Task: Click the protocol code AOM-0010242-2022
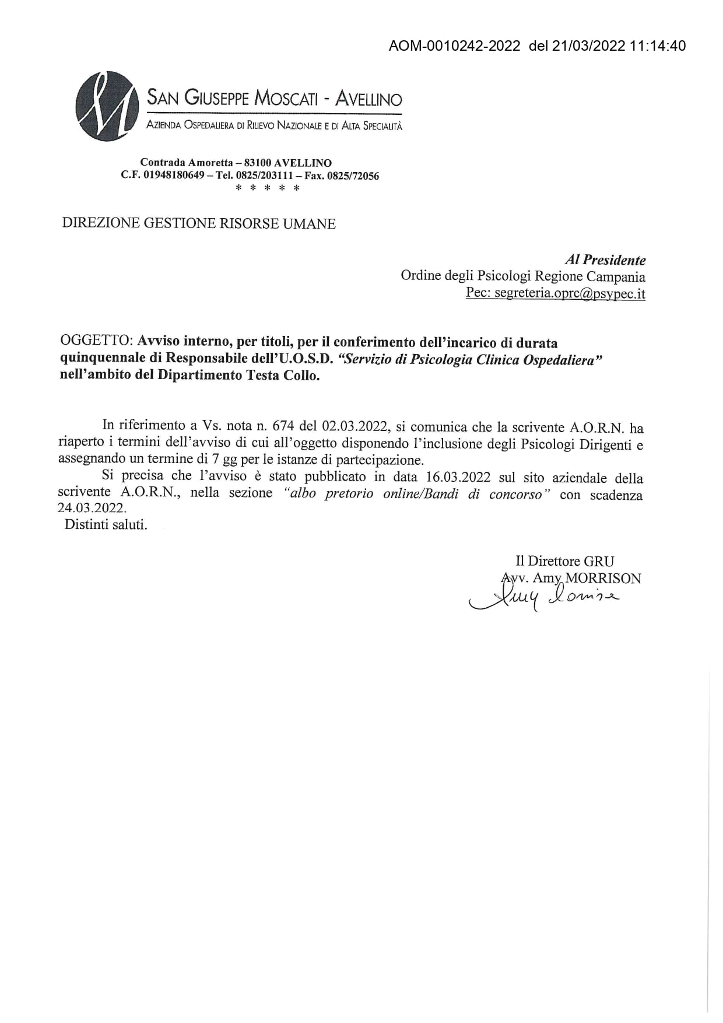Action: (x=454, y=46)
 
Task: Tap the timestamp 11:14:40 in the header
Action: (x=658, y=46)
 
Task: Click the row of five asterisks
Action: (x=267, y=188)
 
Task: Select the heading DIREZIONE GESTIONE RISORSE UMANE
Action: (x=199, y=224)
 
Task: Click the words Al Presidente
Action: (x=605, y=260)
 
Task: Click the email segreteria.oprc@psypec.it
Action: (x=570, y=293)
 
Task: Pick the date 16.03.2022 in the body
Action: (x=458, y=477)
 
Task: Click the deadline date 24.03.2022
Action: (x=92, y=507)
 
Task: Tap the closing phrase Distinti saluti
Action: (x=106, y=524)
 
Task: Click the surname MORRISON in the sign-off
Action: (x=603, y=579)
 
